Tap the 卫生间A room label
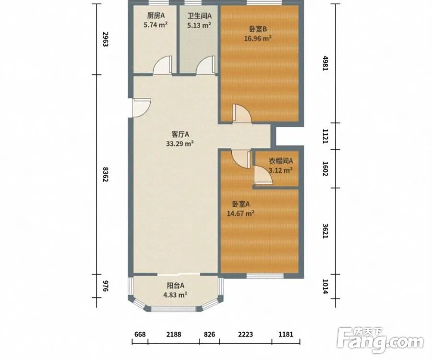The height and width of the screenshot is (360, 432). (200, 16)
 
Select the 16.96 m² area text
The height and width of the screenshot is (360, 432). (258, 38)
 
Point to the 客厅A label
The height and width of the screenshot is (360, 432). (180, 134)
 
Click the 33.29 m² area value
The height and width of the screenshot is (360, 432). (180, 144)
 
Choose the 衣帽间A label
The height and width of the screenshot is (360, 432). (281, 161)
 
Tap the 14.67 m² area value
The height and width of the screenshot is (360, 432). (240, 213)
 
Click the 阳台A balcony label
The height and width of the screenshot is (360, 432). (176, 286)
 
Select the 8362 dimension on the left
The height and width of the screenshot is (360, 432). (105, 174)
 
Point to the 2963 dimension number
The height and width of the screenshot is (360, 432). (105, 39)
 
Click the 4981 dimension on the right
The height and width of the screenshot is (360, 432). (325, 63)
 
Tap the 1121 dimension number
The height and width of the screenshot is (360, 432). (325, 136)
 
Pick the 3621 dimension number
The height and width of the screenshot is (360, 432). (325, 231)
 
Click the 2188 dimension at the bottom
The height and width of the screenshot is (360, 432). (174, 335)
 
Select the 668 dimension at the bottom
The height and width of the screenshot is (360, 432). (140, 335)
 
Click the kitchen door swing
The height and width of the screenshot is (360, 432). (163, 65)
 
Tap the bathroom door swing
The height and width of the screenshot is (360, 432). (205, 65)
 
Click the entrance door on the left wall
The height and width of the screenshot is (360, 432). (142, 108)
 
